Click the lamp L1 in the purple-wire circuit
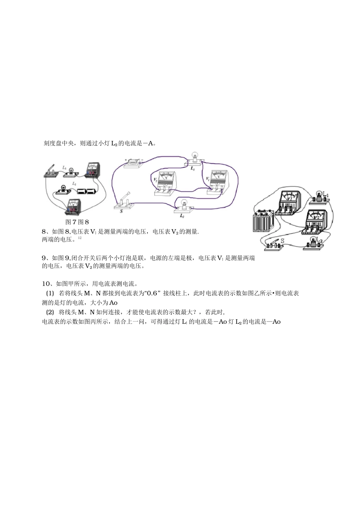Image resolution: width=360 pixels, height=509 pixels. coord(194,159)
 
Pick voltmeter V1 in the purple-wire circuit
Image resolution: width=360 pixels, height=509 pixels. coord(218,182)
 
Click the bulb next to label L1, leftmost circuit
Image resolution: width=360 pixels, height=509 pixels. coord(69,172)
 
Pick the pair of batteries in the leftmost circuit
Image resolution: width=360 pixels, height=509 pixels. coord(87,192)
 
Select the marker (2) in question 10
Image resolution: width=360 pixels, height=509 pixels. coord(50,312)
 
